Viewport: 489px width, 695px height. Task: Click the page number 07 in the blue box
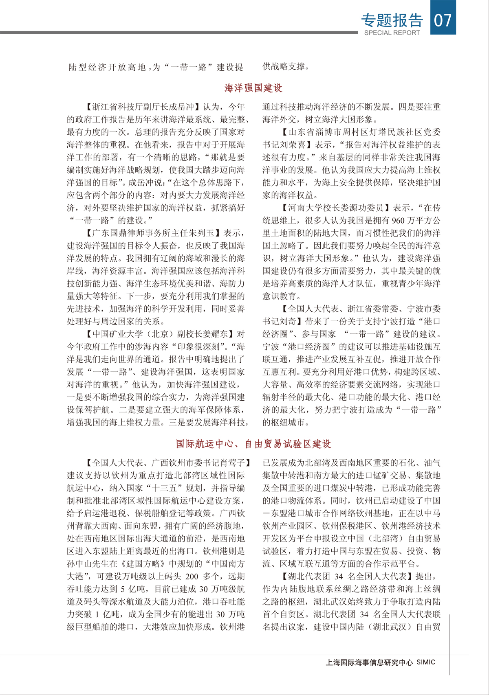(443, 20)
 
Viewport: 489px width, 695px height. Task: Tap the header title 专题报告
(392, 20)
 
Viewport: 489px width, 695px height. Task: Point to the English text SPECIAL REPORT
(392, 33)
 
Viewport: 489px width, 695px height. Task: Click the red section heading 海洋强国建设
(253, 88)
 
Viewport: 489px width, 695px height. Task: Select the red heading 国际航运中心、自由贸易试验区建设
(253, 444)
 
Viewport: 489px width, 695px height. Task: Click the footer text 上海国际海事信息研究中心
(369, 662)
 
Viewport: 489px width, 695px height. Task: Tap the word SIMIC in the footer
(426, 662)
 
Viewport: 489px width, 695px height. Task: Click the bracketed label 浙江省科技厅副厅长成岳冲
(143, 107)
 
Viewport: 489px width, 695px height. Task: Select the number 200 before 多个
(191, 577)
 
